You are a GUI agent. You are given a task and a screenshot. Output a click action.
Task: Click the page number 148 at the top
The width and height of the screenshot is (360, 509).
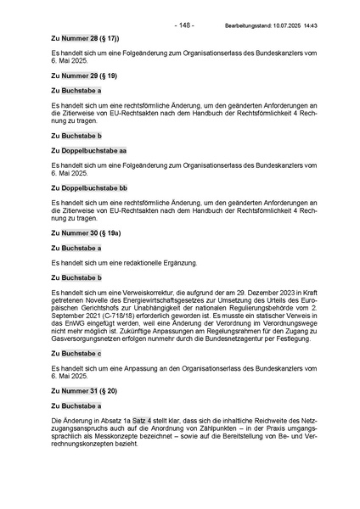184,25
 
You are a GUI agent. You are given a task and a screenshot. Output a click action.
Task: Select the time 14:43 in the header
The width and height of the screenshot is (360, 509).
332,26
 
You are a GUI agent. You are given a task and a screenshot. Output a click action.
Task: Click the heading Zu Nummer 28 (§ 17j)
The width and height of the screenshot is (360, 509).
85,39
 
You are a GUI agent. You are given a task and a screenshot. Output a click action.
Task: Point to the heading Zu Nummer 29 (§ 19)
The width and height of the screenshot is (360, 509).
83,76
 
